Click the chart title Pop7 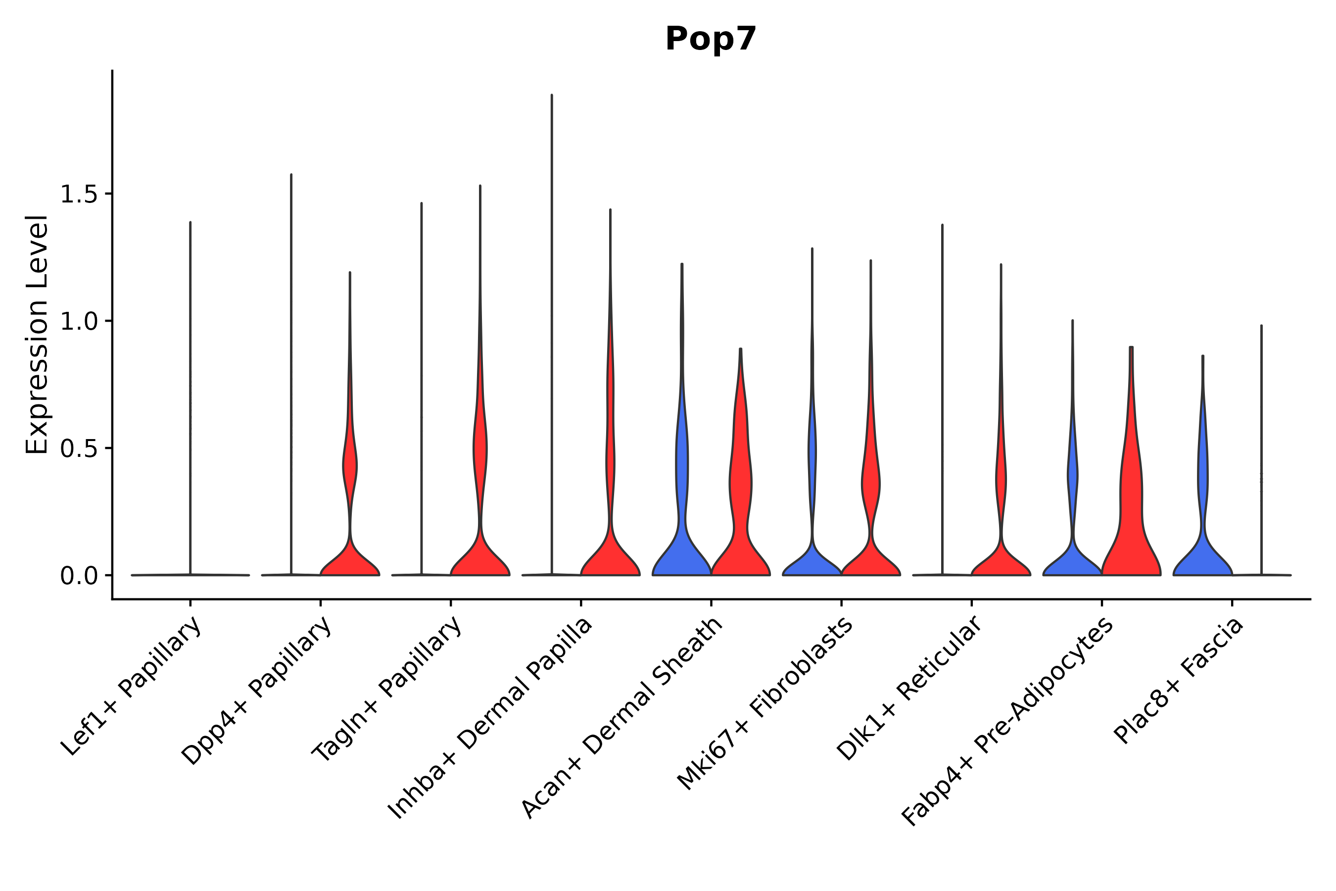[711, 39]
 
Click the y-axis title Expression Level [37, 335]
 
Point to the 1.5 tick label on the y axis [78, 195]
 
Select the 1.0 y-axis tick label [78, 322]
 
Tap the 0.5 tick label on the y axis [78, 449]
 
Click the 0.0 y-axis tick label [78, 577]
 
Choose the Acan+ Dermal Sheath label [622, 718]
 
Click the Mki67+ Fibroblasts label [764, 704]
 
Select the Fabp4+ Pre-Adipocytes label [1007, 722]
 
